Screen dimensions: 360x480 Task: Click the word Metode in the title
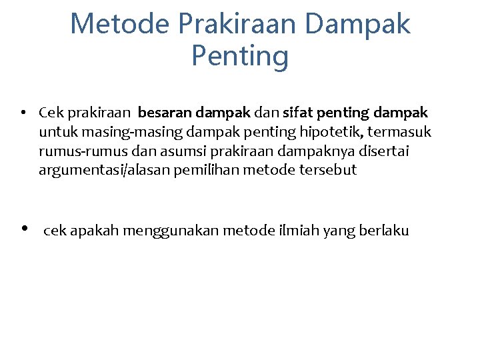[119, 24]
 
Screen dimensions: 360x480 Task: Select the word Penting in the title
[240, 56]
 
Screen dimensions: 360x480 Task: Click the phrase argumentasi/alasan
[103, 170]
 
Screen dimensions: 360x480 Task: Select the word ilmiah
[297, 231]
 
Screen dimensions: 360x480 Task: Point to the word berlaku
[383, 231]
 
